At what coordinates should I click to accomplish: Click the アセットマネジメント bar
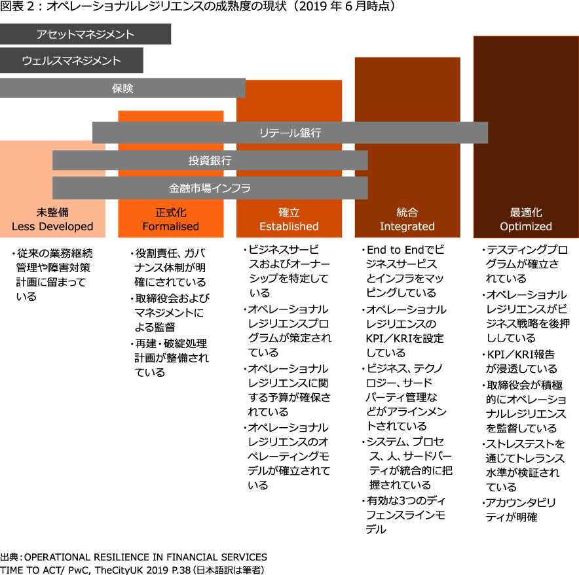point(85,34)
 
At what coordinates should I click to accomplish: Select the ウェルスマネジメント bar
point(71,60)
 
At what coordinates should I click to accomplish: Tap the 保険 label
point(122,88)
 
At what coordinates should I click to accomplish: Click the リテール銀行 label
point(290,133)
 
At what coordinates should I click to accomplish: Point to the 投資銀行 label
point(210,160)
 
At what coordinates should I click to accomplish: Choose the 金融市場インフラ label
point(210,188)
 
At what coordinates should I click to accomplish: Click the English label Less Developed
point(52,226)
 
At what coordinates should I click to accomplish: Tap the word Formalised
point(171,226)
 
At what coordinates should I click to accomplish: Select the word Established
point(289,226)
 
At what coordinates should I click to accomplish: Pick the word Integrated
point(407,226)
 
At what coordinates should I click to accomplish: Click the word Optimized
point(526,226)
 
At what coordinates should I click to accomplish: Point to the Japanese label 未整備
point(52,213)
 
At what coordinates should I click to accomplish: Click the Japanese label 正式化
point(171,213)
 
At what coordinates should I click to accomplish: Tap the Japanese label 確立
point(289,213)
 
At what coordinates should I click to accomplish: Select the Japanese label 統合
point(407,213)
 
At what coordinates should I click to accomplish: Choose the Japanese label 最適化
point(526,213)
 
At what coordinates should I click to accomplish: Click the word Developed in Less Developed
point(64,226)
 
